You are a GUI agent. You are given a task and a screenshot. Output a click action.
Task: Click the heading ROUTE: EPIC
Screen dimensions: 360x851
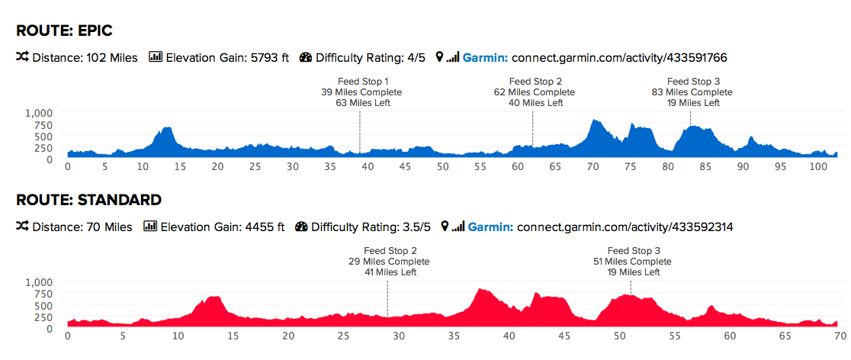pyautogui.click(x=64, y=31)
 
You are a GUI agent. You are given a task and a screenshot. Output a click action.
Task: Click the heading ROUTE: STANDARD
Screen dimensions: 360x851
pyautogui.click(x=88, y=200)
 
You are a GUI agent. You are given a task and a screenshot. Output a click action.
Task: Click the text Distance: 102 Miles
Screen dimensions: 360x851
pyautogui.click(x=85, y=57)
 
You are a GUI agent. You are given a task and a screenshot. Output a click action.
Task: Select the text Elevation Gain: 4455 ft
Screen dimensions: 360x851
pyautogui.click(x=222, y=227)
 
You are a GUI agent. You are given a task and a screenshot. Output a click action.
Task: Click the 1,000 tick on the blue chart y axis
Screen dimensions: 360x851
pyautogui.click(x=39, y=113)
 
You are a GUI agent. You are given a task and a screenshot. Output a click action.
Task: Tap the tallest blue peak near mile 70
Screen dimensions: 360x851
pyautogui.click(x=595, y=122)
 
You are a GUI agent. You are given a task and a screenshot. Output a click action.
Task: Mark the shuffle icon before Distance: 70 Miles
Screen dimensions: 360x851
pyautogui.click(x=22, y=227)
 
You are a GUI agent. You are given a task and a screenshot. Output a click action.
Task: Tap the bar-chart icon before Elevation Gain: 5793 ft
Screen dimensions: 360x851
pyautogui.click(x=156, y=57)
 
